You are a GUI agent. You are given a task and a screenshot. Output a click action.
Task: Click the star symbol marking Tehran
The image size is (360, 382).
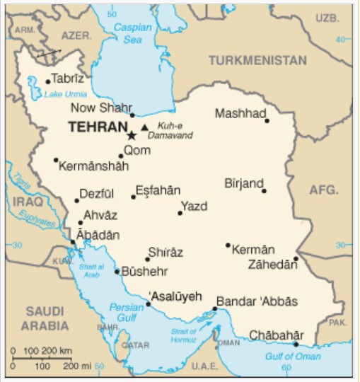point(131,134)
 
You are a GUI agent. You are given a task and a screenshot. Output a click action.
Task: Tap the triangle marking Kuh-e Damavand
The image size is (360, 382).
point(145,127)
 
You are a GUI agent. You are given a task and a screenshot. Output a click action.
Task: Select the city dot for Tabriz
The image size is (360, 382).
point(47,82)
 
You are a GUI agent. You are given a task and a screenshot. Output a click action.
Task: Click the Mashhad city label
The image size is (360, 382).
point(240,113)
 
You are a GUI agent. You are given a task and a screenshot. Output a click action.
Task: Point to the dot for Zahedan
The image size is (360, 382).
point(296,258)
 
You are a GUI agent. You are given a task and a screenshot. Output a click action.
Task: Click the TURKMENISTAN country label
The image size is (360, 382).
point(257,60)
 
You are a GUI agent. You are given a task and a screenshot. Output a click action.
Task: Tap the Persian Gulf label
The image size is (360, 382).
point(126,312)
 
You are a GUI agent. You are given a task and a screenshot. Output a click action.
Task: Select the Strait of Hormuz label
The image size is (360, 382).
point(183,335)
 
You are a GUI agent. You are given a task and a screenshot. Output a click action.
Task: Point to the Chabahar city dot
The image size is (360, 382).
point(296,345)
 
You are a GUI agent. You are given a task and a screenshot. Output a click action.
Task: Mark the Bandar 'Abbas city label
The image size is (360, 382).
point(257,301)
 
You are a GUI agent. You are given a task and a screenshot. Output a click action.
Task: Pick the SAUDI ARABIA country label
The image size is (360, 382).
point(44,318)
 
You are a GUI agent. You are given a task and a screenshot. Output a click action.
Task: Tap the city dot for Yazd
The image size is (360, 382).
point(180,212)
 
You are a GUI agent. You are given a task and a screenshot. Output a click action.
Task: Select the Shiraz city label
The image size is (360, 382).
point(166,253)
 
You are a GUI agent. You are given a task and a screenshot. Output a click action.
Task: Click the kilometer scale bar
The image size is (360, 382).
point(43,358)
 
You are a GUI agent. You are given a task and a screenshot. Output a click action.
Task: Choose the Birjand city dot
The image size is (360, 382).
point(264,191)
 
